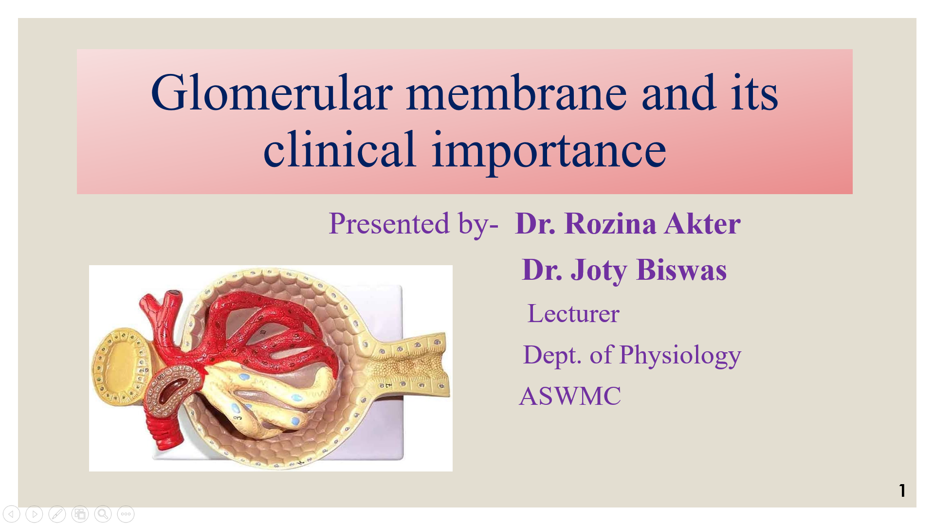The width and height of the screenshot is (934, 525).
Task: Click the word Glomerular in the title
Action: [272, 92]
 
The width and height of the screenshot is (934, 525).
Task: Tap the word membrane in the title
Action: [516, 92]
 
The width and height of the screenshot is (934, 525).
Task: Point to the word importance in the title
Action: [549, 151]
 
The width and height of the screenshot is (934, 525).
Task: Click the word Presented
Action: [389, 224]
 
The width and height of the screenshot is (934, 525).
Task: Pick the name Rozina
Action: [610, 224]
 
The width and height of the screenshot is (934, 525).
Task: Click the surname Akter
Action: [702, 224]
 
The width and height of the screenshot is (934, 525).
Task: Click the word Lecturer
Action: [573, 313]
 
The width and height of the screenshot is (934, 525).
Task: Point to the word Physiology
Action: [680, 356]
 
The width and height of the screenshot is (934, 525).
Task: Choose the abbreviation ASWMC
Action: [570, 396]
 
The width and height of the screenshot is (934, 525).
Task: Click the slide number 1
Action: [902, 490]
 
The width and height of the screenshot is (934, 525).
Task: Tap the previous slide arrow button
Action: [11, 514]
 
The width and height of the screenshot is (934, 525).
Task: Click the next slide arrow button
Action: [34, 514]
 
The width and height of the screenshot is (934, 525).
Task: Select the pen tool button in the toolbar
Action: [57, 514]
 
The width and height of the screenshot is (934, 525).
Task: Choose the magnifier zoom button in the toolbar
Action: [103, 514]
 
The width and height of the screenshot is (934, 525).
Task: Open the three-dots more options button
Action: [126, 514]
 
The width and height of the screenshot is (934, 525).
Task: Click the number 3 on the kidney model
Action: [238, 417]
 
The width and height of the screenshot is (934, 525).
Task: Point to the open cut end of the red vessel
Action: [173, 295]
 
